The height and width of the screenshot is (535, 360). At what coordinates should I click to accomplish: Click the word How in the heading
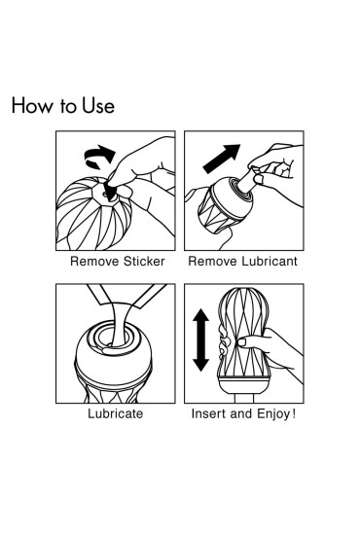tap(32, 105)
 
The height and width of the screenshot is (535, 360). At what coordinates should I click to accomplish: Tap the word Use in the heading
tap(98, 105)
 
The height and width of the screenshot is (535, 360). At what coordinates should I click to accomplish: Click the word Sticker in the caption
tap(144, 262)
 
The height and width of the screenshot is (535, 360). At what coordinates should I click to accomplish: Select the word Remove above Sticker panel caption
tap(94, 262)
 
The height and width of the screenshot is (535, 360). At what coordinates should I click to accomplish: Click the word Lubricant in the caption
tap(270, 262)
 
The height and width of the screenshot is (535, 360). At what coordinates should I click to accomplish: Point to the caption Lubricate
tap(116, 413)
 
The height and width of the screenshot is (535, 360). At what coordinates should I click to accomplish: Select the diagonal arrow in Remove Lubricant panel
tap(222, 159)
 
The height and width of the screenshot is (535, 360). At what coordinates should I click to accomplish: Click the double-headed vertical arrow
tap(201, 340)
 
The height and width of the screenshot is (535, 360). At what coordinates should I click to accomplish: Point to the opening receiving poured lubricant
tap(112, 338)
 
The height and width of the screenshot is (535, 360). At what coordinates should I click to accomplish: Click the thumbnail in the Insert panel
tap(242, 342)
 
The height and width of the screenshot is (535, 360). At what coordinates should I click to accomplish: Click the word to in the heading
tap(67, 106)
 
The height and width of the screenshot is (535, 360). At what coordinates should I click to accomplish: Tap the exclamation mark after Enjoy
tap(293, 413)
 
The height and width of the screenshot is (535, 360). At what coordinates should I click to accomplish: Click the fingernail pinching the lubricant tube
tap(259, 180)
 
